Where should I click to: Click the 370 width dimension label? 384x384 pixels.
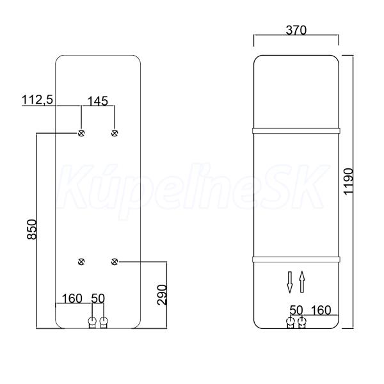click(x=296, y=30)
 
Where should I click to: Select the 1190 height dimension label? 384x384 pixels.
click(x=349, y=181)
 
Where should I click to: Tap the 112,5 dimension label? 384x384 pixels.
click(x=37, y=100)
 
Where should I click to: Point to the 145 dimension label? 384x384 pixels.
click(x=97, y=101)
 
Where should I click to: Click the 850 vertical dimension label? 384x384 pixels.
click(x=32, y=230)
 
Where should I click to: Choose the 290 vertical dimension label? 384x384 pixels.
click(x=162, y=295)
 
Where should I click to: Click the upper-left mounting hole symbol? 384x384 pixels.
click(x=81, y=133)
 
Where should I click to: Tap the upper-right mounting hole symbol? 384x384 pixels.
click(x=115, y=133)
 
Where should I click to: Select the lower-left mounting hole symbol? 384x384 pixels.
click(x=81, y=262)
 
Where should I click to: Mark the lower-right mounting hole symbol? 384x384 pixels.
click(x=115, y=262)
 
